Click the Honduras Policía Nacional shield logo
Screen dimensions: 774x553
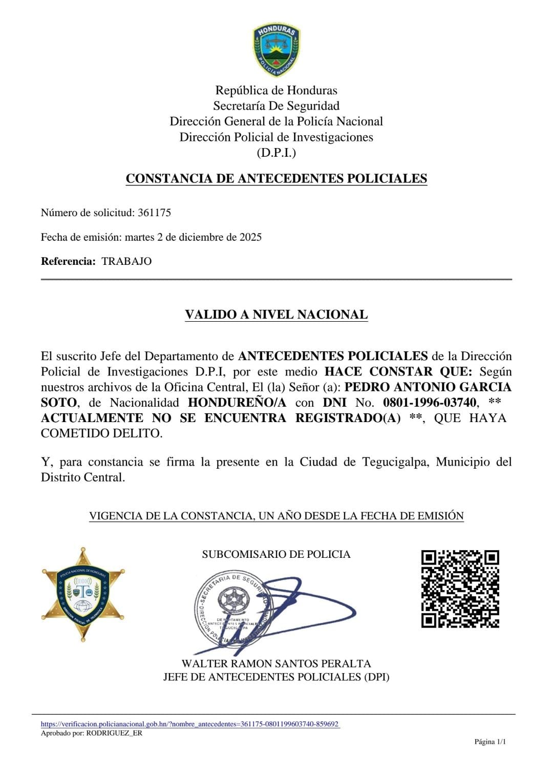(x=276, y=50)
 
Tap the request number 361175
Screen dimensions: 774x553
(x=154, y=213)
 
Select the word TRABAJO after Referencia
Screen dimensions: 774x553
(x=126, y=261)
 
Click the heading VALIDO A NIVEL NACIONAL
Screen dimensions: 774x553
(x=276, y=315)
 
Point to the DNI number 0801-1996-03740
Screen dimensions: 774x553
(x=430, y=403)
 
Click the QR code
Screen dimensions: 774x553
(x=460, y=589)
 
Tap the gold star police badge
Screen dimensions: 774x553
(x=83, y=594)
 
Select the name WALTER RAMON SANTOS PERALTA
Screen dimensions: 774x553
(x=276, y=664)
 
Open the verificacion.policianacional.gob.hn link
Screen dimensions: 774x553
(x=189, y=724)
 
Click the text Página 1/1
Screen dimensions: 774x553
(x=490, y=742)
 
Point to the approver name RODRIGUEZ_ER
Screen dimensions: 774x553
(x=114, y=733)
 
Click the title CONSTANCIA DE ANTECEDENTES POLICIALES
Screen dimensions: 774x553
(x=276, y=179)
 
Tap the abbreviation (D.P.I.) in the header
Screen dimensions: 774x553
(x=276, y=153)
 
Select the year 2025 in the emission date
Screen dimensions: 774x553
(x=250, y=237)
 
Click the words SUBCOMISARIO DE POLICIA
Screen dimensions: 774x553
(x=276, y=554)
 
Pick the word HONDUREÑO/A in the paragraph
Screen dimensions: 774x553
(x=237, y=403)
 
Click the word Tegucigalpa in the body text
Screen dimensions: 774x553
(x=397, y=462)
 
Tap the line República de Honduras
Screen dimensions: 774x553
(x=276, y=91)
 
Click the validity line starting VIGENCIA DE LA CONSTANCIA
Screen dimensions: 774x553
(x=276, y=516)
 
